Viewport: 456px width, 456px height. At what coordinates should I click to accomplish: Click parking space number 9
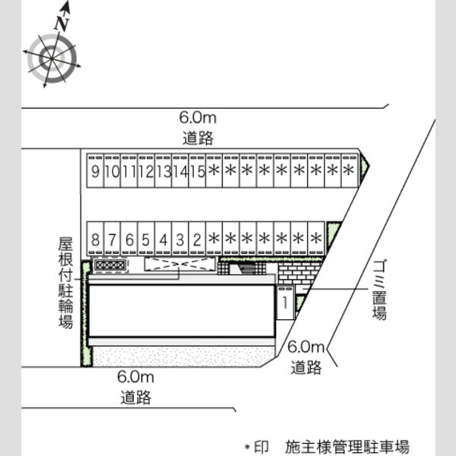click(95, 171)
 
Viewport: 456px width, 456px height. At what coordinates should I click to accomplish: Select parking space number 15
click(197, 171)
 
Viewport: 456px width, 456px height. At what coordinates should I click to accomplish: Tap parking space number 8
click(96, 239)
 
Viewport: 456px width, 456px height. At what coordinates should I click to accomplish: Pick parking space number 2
click(197, 239)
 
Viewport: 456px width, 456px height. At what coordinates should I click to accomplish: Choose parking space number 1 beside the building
click(285, 302)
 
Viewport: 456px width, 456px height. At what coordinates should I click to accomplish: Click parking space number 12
click(146, 171)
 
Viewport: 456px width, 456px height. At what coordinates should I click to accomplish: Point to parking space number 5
click(146, 239)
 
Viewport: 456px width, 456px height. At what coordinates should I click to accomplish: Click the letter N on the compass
click(62, 24)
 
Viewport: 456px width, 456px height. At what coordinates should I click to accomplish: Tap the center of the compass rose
click(52, 59)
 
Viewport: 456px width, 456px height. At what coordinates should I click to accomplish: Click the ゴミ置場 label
click(379, 290)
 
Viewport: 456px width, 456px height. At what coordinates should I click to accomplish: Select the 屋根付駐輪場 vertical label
click(65, 283)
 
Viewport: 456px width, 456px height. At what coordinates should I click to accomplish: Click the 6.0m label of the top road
click(198, 118)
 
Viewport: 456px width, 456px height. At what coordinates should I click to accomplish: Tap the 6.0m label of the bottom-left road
click(135, 377)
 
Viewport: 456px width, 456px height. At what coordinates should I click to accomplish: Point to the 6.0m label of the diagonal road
click(306, 347)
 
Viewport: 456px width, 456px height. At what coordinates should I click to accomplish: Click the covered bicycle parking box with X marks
click(110, 265)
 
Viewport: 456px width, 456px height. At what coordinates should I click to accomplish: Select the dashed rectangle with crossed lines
click(180, 264)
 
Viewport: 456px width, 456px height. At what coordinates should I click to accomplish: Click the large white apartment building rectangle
click(182, 311)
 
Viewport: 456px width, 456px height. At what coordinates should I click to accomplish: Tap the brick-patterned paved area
click(298, 273)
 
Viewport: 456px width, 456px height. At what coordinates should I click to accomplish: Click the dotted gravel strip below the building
click(183, 356)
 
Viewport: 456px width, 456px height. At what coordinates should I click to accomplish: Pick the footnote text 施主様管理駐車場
click(347, 446)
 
